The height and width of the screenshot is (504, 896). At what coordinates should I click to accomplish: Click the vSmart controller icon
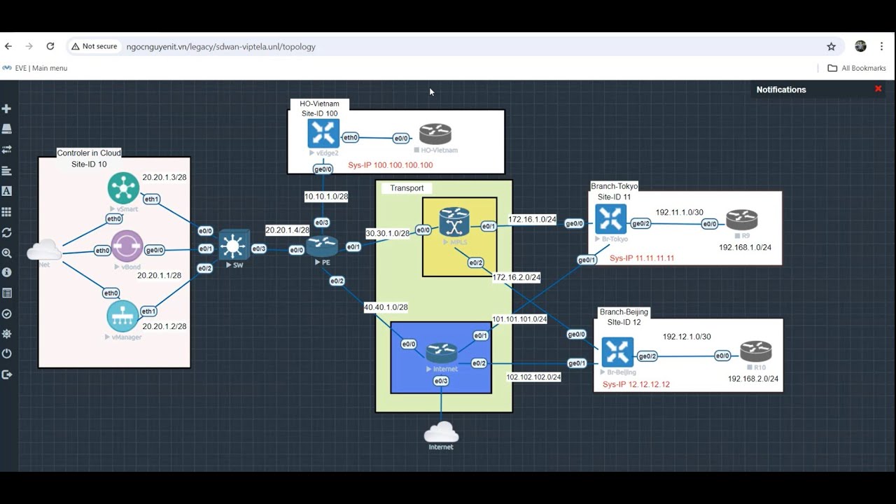(123, 188)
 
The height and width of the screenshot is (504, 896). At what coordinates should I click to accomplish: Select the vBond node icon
(127, 246)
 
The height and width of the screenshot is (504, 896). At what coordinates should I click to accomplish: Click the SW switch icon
(233, 245)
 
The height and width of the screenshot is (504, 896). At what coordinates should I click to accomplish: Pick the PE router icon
(322, 246)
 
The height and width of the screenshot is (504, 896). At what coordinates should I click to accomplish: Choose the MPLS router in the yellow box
(454, 222)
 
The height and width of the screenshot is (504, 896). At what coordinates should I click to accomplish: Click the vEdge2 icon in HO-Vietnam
(323, 134)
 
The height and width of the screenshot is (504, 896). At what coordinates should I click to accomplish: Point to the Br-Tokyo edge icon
(610, 220)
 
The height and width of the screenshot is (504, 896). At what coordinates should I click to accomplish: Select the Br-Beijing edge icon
(617, 352)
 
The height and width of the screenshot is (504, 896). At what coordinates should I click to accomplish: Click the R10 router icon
(756, 351)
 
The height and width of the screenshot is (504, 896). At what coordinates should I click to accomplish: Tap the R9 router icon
(741, 220)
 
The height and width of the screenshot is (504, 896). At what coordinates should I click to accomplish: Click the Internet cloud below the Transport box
(441, 432)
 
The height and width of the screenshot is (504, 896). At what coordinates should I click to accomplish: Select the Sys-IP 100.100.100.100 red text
(391, 165)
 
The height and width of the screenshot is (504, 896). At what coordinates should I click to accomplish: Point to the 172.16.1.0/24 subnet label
(532, 220)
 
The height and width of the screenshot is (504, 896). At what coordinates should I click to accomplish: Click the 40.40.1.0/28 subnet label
(386, 307)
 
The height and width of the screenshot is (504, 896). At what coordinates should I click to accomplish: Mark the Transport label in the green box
(407, 188)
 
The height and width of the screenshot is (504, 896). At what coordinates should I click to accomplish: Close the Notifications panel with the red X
(878, 89)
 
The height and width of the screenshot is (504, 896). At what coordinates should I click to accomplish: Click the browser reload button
(50, 46)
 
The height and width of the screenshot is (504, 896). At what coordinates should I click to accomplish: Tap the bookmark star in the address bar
(831, 47)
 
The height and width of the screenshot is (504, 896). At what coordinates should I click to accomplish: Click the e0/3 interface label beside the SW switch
(259, 248)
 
